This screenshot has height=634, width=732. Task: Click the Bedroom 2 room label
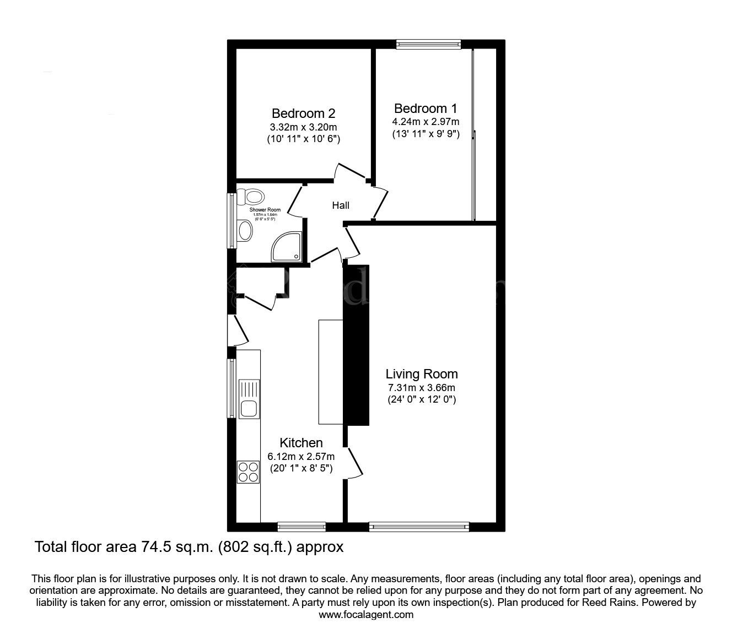[303, 114]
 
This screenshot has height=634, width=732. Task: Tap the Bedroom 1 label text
[426, 109]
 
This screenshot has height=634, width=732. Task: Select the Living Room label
[422, 375]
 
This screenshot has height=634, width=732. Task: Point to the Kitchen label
[301, 443]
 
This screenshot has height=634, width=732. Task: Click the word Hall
[341, 206]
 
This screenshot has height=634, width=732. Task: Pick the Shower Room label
[265, 210]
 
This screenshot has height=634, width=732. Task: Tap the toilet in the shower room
[251, 196]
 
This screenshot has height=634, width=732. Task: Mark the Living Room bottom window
[419, 527]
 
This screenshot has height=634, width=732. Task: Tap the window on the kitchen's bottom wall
[301, 527]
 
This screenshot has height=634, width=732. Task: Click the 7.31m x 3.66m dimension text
[421, 388]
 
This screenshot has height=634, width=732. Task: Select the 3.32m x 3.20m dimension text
[303, 127]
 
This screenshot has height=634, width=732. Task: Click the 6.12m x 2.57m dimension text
[301, 456]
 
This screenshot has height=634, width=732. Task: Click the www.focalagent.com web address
[366, 615]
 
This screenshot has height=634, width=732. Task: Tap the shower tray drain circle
[297, 256]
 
